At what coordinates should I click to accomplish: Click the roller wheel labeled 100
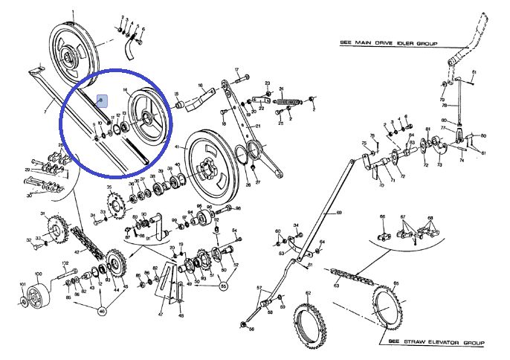point(34,302)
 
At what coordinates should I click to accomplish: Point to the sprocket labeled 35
point(116,202)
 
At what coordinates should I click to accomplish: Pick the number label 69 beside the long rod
point(339,213)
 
